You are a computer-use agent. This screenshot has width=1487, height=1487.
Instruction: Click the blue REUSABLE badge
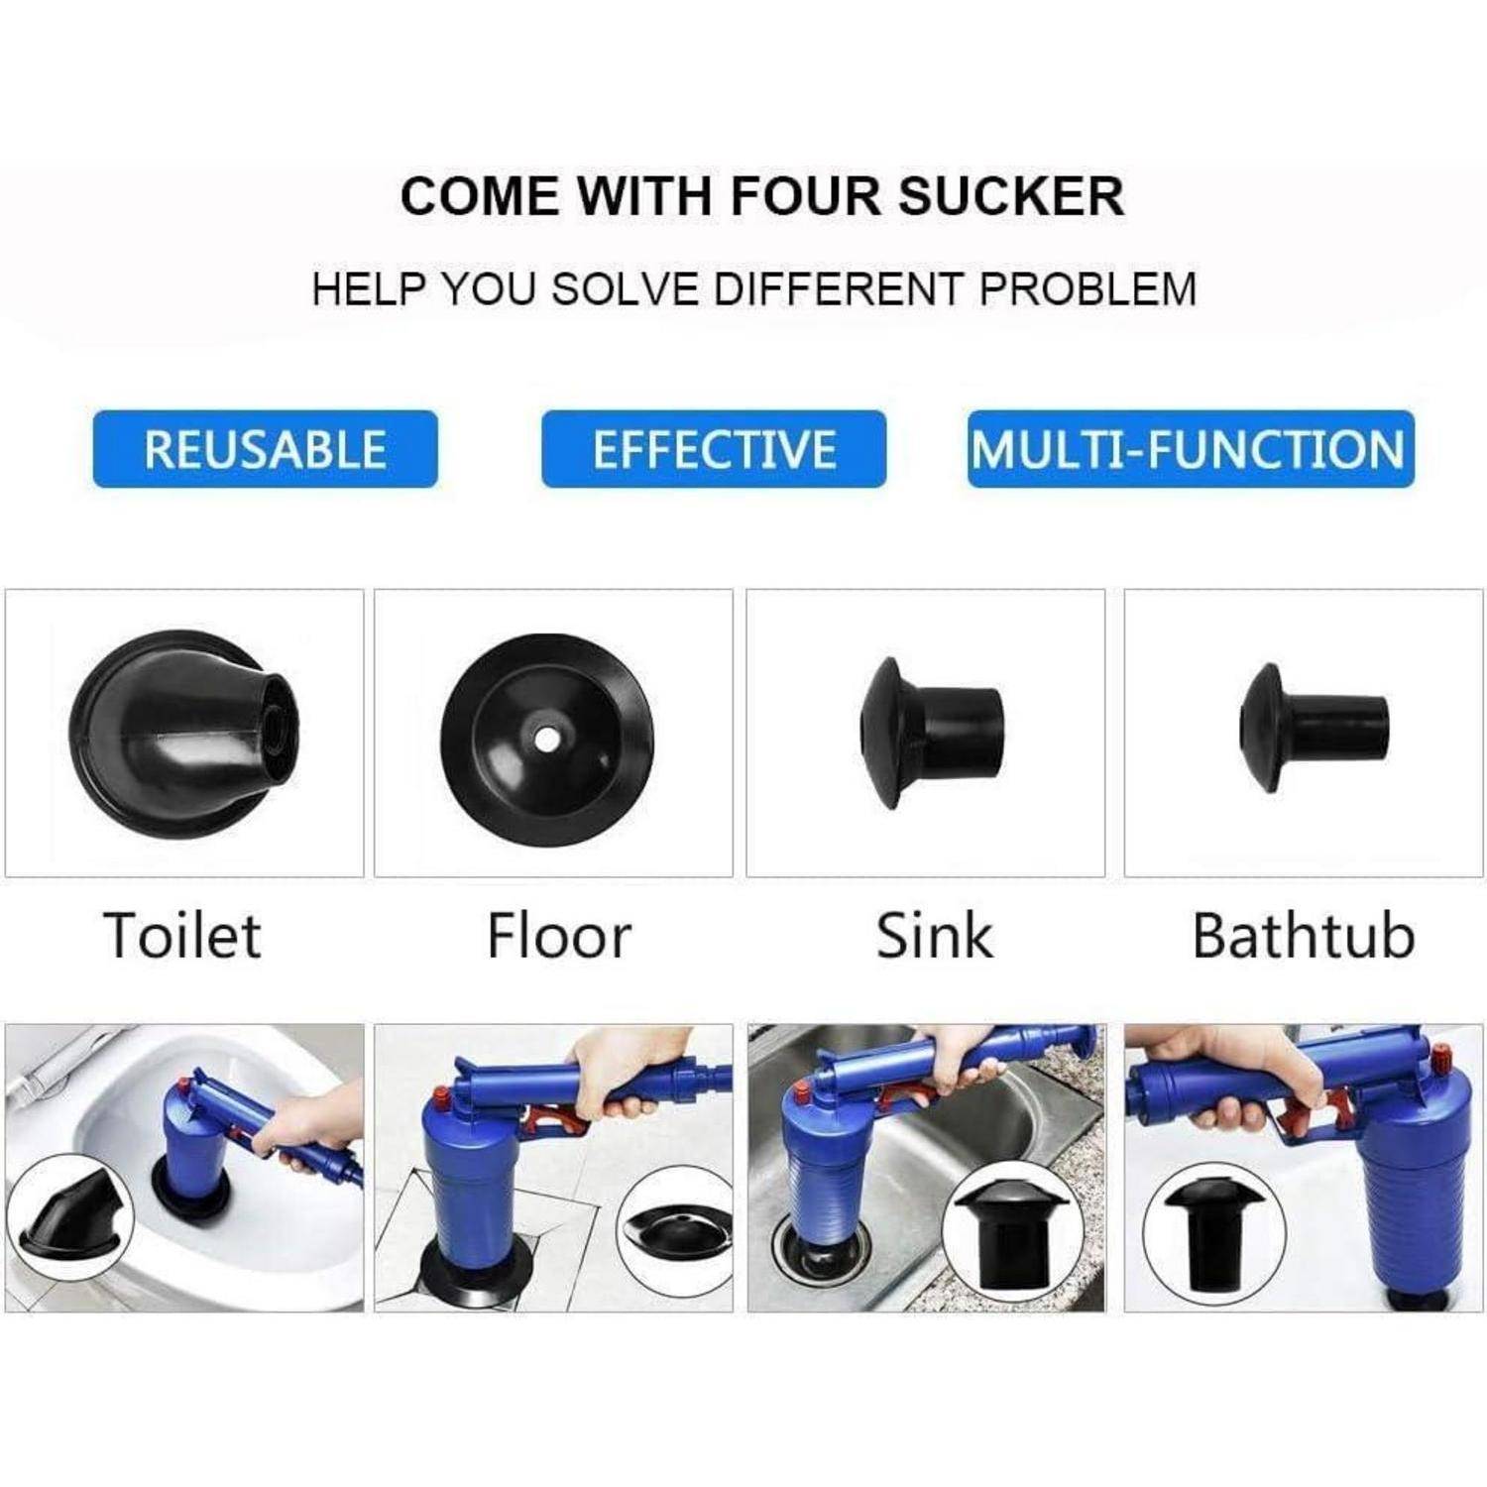pyautogui.click(x=265, y=449)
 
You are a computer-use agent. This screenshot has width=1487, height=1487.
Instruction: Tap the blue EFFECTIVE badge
pyautogui.click(x=714, y=449)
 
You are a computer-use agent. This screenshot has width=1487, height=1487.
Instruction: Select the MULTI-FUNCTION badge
pyautogui.click(x=1191, y=449)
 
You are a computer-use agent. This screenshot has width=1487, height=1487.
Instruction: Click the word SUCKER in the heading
pyautogui.click(x=1011, y=195)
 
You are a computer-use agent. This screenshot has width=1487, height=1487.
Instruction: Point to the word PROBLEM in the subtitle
pyautogui.click(x=1087, y=289)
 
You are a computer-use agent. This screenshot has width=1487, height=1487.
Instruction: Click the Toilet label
pyautogui.click(x=182, y=935)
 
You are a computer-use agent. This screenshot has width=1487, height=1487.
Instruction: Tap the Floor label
pyautogui.click(x=559, y=935)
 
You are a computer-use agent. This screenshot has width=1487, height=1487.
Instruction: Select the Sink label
pyautogui.click(x=934, y=935)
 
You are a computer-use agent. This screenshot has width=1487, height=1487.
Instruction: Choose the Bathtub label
pyautogui.click(x=1304, y=935)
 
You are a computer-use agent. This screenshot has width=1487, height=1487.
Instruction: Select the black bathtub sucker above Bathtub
pyautogui.click(x=1314, y=729)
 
